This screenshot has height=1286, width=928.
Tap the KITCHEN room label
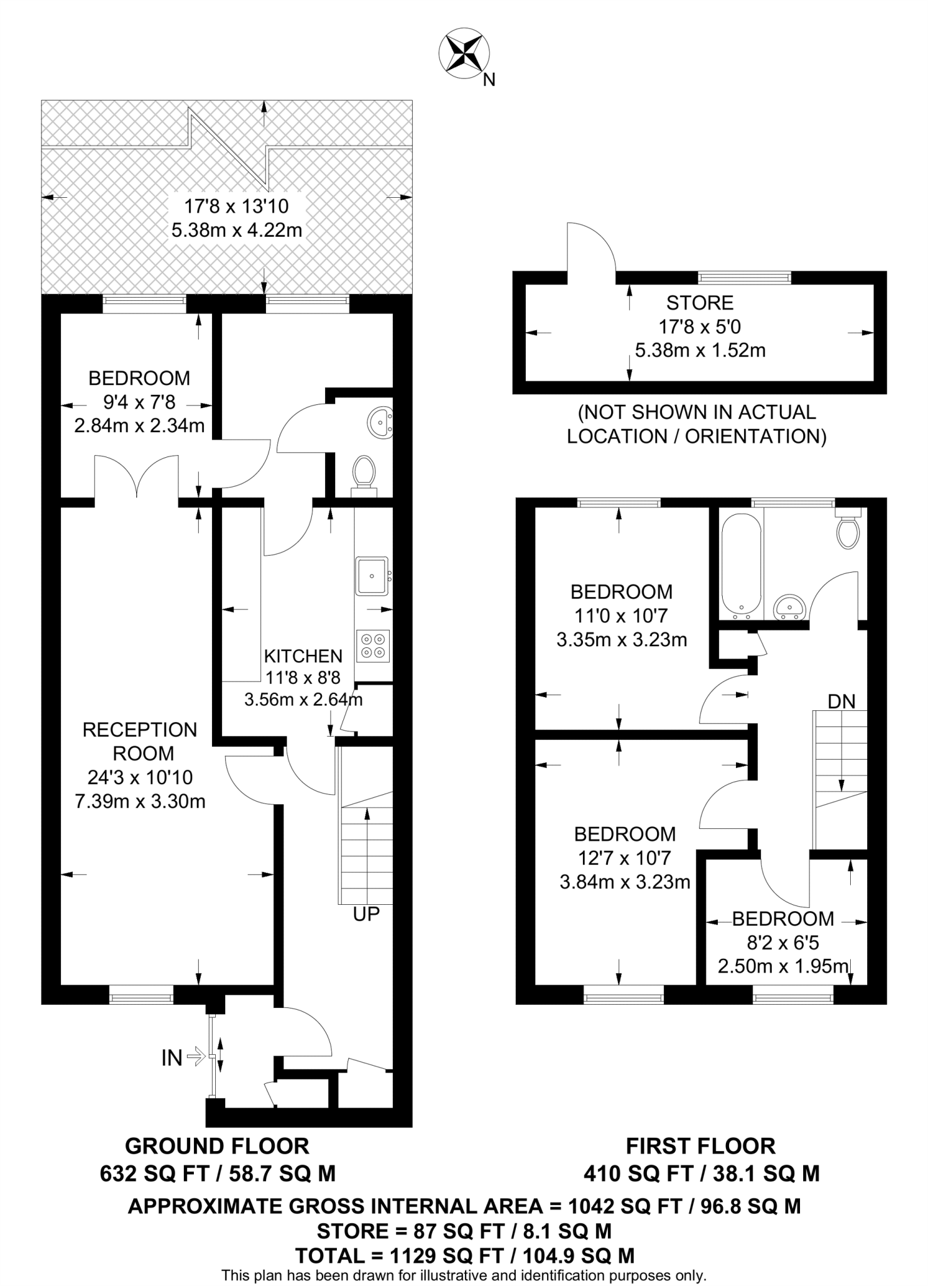click(x=303, y=656)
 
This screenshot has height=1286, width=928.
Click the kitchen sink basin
click(x=372, y=575)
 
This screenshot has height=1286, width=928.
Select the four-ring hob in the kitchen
click(x=373, y=646)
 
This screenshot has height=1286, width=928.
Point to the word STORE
click(x=700, y=303)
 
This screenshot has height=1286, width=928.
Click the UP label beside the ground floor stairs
click(x=366, y=914)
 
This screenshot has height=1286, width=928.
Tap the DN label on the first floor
click(x=841, y=701)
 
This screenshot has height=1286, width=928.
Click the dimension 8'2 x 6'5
click(x=783, y=943)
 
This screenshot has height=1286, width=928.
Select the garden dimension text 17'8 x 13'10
click(x=237, y=206)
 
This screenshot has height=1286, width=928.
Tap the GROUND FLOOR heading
click(x=217, y=1146)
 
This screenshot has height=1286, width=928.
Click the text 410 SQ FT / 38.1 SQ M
click(x=701, y=1173)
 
